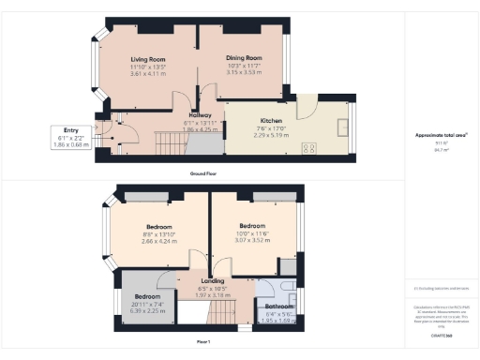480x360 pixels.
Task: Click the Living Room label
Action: pos(146,58)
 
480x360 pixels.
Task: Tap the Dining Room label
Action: pos(243,58)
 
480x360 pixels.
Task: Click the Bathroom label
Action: pos(279,307)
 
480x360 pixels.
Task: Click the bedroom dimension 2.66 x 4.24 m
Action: pos(161,241)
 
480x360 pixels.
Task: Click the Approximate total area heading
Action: pos(441,134)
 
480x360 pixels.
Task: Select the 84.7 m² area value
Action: pos(441,148)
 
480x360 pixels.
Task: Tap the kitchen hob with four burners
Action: pos(309,147)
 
